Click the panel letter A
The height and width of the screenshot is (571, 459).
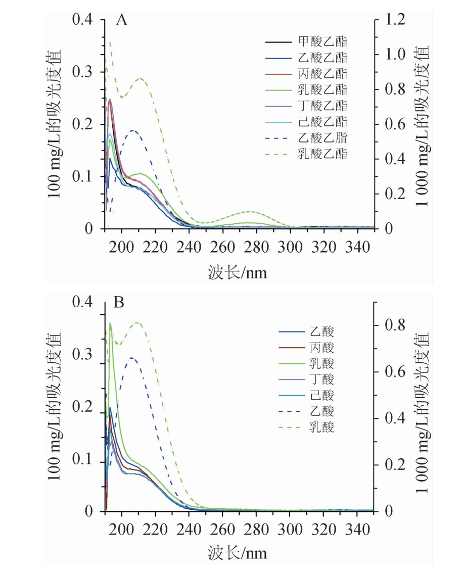[121, 21]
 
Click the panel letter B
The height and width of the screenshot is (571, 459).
[119, 303]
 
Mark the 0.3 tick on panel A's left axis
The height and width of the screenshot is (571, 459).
[83, 72]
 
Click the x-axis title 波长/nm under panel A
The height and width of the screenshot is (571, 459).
[237, 273]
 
